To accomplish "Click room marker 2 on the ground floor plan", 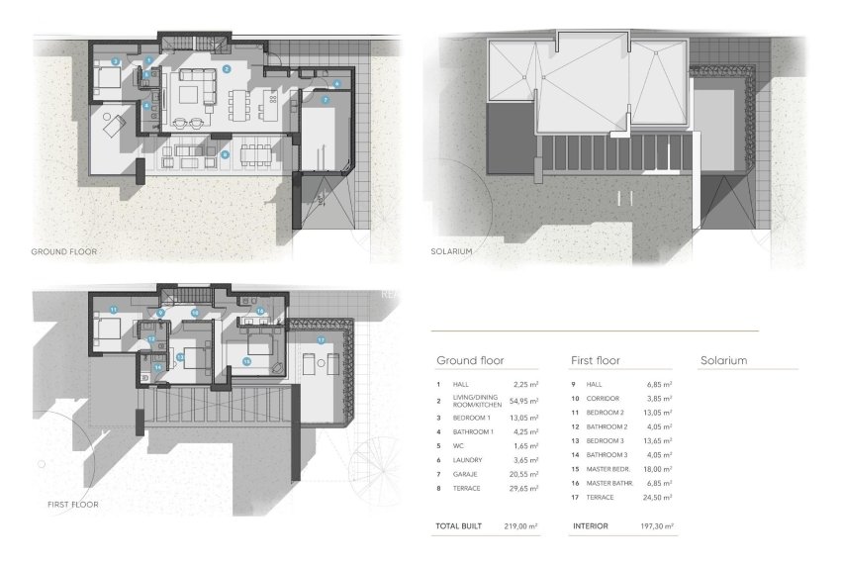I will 227,68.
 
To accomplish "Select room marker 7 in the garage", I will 324,102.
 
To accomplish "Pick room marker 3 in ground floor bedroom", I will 116,61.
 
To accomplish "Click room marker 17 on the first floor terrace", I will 321,339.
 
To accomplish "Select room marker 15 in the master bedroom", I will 247,361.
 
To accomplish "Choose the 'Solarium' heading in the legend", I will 722,361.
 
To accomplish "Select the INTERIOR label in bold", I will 592,526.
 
